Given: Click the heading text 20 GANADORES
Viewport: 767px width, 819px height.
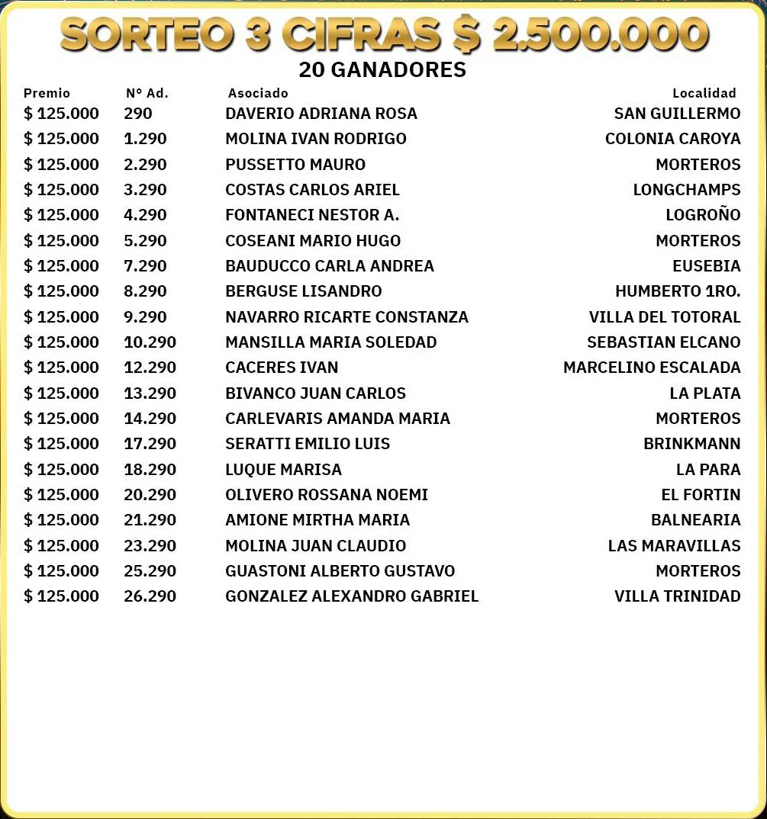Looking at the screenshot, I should coord(382,70).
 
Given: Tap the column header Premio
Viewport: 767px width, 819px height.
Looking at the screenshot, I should coord(47,93).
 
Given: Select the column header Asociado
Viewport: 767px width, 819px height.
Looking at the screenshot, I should coord(258,93).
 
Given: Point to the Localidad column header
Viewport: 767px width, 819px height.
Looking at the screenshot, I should coord(704,93).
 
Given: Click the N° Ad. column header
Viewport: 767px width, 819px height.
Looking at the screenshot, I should coord(147,93).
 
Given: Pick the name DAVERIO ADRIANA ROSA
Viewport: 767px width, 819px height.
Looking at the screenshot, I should coord(321,114).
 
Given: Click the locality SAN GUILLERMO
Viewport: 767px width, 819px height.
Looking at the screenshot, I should coord(677,114).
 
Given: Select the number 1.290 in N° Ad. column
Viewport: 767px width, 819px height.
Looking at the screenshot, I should coord(145,139).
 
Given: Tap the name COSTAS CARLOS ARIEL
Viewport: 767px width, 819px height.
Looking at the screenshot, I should coord(312,190).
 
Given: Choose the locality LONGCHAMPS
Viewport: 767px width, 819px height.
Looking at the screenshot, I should coord(687,190).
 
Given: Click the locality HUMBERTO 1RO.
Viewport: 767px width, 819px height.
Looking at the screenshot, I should coord(678,291).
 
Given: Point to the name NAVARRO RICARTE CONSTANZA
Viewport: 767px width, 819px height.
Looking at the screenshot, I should coord(346,317).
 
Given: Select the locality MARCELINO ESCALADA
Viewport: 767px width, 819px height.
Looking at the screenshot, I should coord(652,368).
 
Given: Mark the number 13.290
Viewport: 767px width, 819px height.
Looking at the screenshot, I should coord(150,393).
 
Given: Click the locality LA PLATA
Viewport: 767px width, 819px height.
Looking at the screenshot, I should coord(705,393).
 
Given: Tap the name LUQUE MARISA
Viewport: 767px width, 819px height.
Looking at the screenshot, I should coord(283,470).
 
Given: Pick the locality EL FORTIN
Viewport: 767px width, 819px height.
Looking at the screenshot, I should coord(701,495).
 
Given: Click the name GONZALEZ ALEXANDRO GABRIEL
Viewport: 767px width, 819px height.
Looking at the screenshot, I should coord(352,596).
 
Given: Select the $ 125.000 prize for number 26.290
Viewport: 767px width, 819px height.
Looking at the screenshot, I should coord(61,596).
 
